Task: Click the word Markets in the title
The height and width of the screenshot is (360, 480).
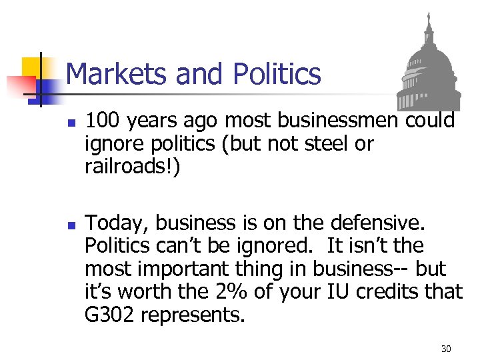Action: point(115,74)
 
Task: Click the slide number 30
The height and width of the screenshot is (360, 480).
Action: point(446,349)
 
